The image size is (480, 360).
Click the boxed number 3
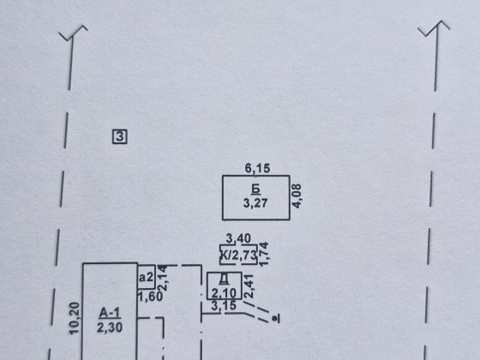(x=120, y=136)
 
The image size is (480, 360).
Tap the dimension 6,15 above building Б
(x=257, y=168)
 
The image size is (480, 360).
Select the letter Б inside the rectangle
(x=256, y=189)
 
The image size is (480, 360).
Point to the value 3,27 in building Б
(x=255, y=203)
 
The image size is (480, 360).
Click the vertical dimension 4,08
(x=297, y=196)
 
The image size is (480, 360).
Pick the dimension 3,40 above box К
(x=238, y=238)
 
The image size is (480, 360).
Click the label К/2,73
(x=238, y=255)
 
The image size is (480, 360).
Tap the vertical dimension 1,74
(x=264, y=254)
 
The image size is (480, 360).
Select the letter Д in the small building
(x=224, y=279)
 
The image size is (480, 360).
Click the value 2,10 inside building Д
(x=224, y=293)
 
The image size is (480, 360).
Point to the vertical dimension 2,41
(x=249, y=286)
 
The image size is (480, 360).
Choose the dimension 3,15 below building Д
(x=224, y=305)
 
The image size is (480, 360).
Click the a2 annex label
(x=146, y=277)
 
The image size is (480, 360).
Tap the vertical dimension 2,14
(x=163, y=278)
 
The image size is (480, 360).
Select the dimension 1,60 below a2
(x=150, y=297)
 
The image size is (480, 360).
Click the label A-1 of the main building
(x=110, y=313)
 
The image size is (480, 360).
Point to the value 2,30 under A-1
(x=110, y=327)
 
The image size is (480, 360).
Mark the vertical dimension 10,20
(x=75, y=318)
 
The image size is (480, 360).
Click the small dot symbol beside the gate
(x=276, y=319)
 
